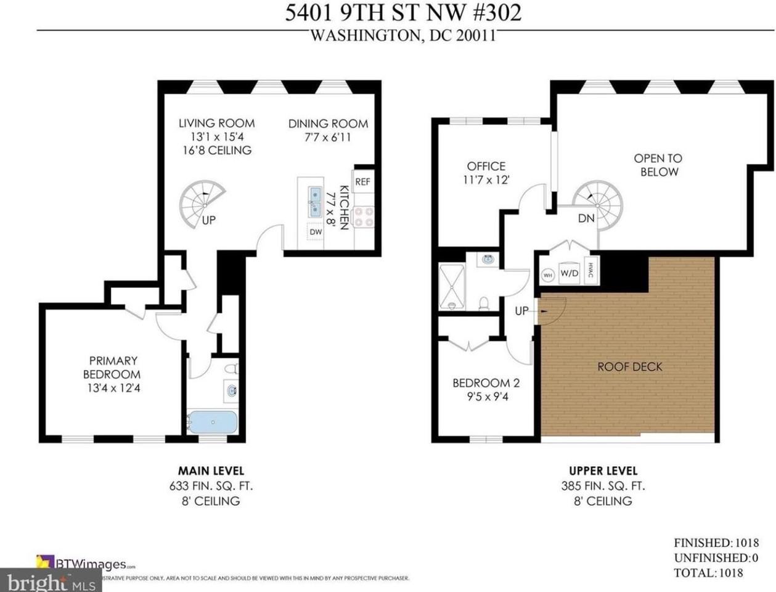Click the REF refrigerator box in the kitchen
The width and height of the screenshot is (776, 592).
[362, 181]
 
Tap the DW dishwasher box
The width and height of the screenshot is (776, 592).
[316, 232]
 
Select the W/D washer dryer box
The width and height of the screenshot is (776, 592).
[569, 273]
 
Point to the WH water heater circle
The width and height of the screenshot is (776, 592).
[547, 274]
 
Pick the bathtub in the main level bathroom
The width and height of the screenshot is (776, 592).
[212, 422]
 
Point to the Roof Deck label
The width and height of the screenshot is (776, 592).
[629, 367]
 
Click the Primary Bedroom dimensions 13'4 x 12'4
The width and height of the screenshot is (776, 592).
[113, 388]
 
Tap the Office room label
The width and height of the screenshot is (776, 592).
[486, 166]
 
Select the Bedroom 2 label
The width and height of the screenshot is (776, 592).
[486, 383]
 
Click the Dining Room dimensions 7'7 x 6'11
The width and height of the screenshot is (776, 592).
[328, 138]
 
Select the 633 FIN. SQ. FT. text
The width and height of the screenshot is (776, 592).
[211, 486]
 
